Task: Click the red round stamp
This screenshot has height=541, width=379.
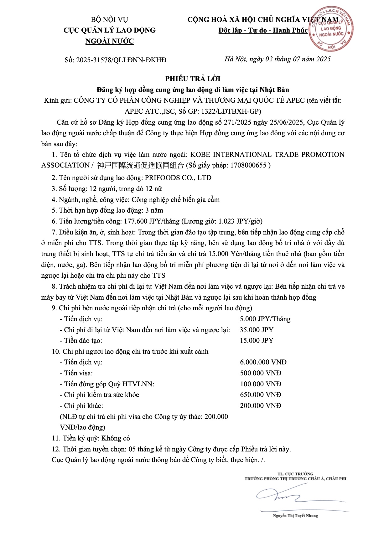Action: [331, 28]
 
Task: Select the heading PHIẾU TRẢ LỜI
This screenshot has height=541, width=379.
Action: [193, 79]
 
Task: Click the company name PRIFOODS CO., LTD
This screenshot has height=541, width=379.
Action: [178, 178]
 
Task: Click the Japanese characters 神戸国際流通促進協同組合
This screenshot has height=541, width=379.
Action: [141, 165]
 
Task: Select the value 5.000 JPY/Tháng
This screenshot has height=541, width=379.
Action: [265, 319]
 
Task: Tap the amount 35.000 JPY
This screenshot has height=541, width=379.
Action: [257, 330]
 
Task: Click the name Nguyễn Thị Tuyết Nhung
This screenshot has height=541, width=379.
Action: [295, 516]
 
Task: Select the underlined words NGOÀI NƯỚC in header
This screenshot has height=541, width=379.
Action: [109, 41]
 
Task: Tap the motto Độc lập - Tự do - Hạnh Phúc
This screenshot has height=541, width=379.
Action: [263, 30]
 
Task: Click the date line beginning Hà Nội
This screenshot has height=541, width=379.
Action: [278, 59]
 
